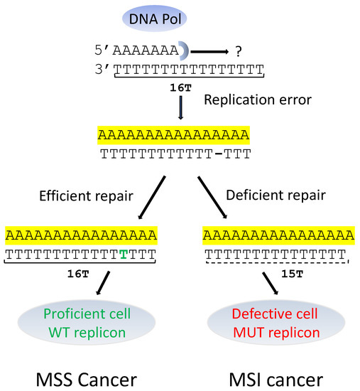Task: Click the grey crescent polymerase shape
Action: click(x=183, y=50)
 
